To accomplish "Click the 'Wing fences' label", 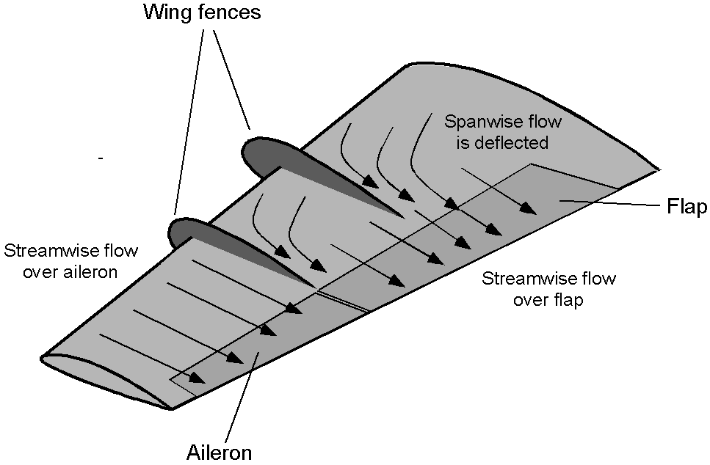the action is (x=202, y=12).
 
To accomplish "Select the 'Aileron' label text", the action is (x=220, y=452).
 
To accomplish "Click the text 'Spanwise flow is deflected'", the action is (x=503, y=132).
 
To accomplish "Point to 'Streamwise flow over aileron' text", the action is (x=70, y=261).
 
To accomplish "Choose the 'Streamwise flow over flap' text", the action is (x=548, y=289).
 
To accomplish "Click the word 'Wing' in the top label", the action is (x=168, y=12).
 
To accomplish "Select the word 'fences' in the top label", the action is (x=230, y=12).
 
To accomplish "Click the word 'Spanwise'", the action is (x=481, y=122).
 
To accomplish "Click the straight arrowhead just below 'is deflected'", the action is (x=528, y=208).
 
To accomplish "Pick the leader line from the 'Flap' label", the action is (x=609, y=202).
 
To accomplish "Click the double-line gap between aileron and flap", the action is (x=343, y=301).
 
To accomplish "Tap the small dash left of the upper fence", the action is (x=101, y=158).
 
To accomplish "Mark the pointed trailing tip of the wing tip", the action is (x=172, y=409).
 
